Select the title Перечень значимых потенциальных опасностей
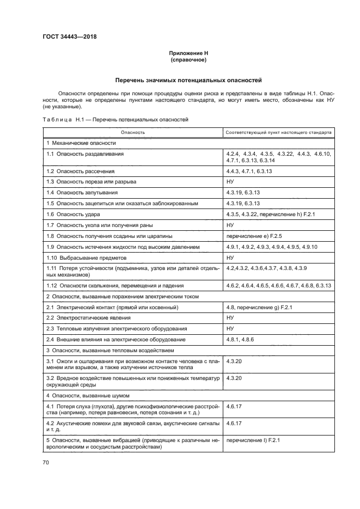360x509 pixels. (187, 79)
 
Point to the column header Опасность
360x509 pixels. (133, 132)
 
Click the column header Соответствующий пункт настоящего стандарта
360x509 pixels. (278, 132)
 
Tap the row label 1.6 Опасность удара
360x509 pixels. (74, 214)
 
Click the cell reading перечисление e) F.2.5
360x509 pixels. (255, 236)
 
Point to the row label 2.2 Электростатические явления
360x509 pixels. (88, 318)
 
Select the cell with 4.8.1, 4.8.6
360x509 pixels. (239, 340)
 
